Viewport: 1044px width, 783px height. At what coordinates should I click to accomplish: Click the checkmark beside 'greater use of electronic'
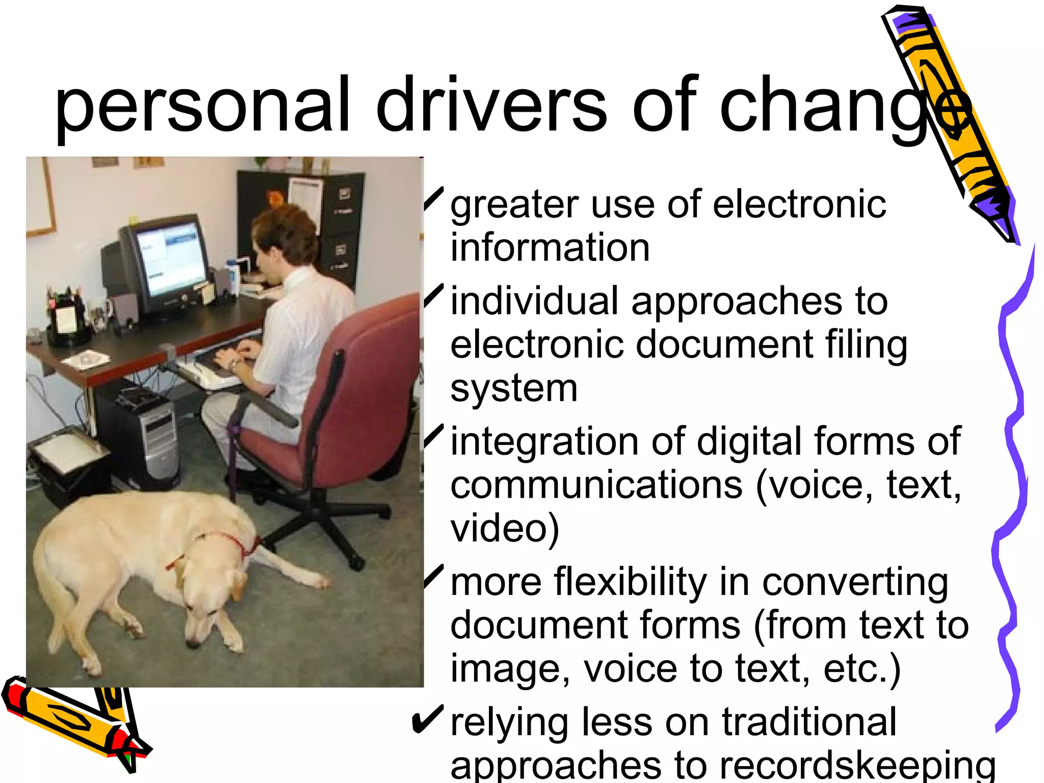pos(433,200)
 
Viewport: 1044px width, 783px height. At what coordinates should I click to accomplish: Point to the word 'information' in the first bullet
pos(550,248)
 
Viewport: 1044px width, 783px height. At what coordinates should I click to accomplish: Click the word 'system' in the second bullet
pos(513,388)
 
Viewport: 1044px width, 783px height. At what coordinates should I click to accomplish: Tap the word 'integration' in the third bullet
pos(544,441)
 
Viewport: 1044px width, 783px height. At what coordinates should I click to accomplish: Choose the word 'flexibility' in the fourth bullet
pos(630,582)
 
